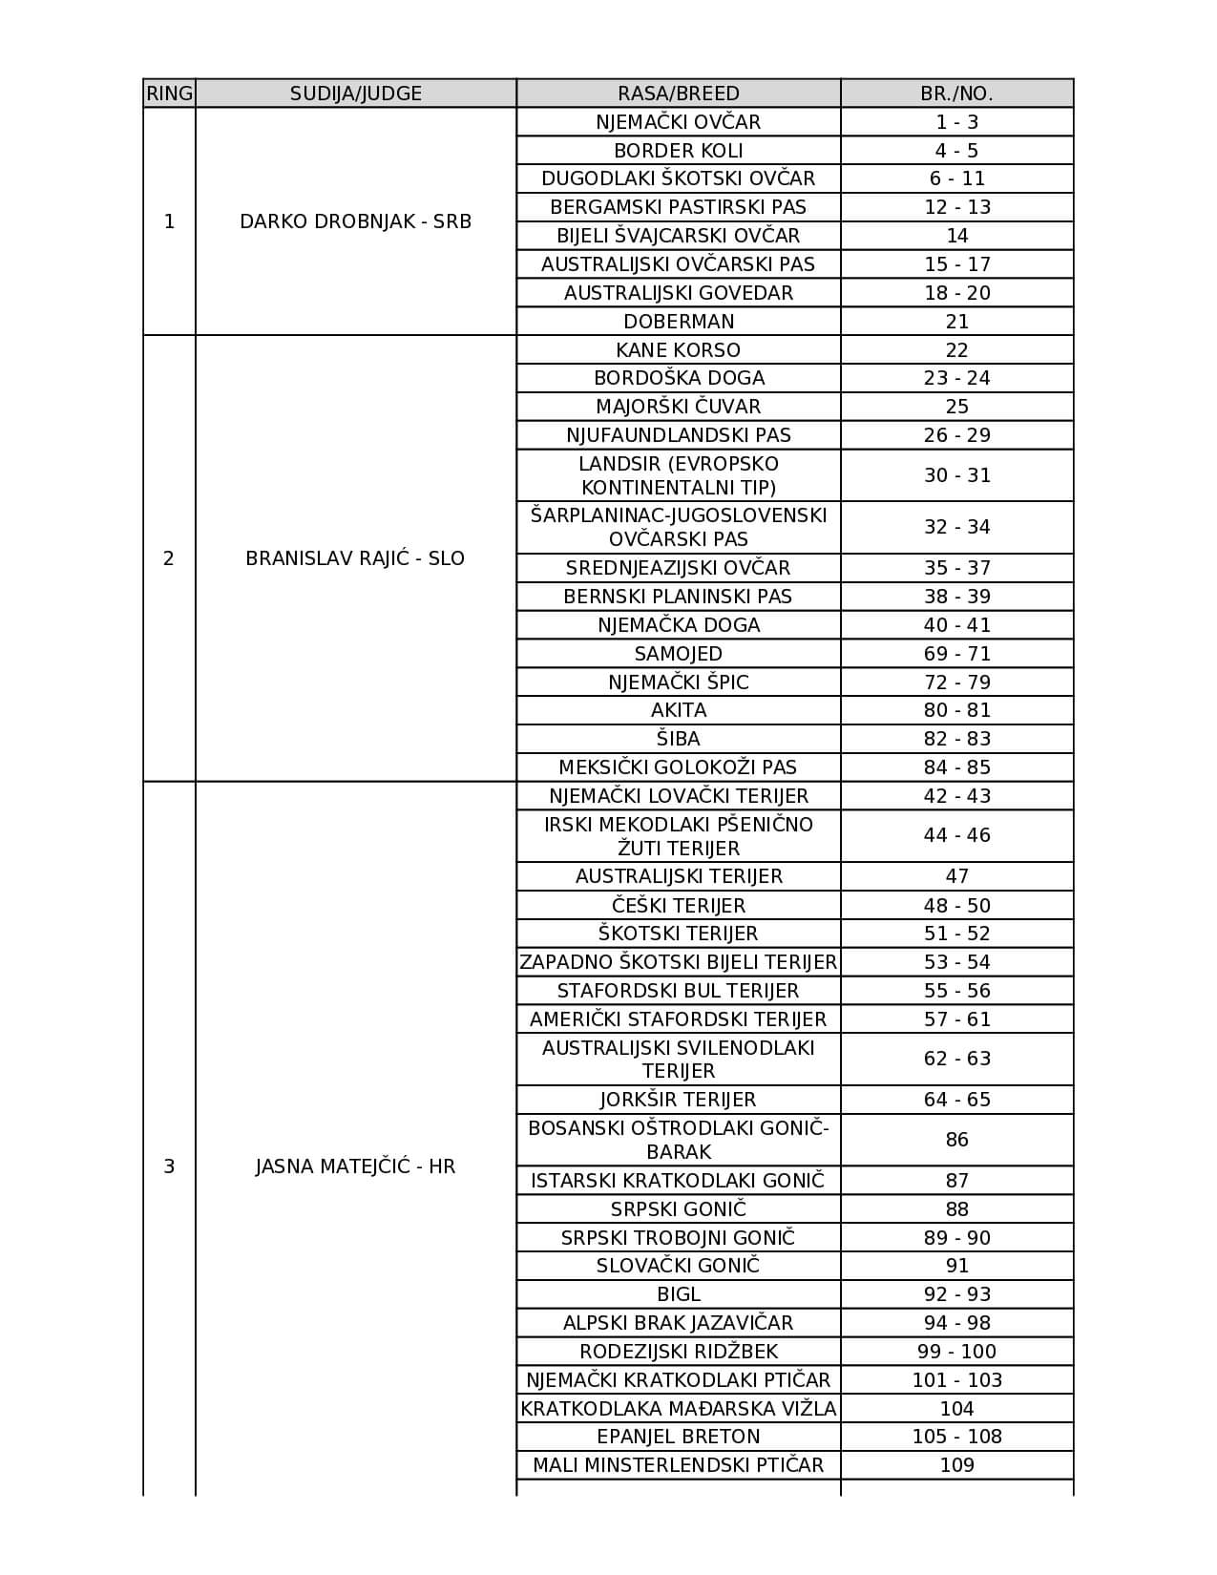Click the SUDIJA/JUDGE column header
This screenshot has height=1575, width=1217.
[x=355, y=94]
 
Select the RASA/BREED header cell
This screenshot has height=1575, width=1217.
[x=678, y=94]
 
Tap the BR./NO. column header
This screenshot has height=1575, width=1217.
[x=956, y=94]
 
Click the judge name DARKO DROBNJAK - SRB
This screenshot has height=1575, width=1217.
[x=355, y=221]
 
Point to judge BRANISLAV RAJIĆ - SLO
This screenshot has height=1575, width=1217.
[x=355, y=558]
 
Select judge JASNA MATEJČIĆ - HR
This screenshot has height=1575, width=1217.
[x=355, y=1166]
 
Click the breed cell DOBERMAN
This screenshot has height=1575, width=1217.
[x=678, y=322]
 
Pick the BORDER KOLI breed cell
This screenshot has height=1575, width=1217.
[x=678, y=151]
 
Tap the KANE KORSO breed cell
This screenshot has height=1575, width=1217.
[x=678, y=350]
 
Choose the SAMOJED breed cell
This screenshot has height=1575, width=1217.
[x=678, y=654]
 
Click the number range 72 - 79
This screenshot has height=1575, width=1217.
[x=956, y=682]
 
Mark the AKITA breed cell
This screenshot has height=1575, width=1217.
[x=678, y=710]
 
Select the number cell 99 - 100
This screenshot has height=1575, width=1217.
[x=956, y=1352]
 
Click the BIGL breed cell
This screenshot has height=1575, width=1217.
[x=678, y=1294]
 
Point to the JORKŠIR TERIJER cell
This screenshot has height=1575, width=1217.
[x=678, y=1100]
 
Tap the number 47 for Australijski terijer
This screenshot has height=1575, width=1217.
[x=956, y=876]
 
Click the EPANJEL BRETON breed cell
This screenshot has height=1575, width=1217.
[x=678, y=1437]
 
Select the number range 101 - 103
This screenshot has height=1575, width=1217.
[x=956, y=1380]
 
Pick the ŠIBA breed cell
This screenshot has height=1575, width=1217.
[x=678, y=739]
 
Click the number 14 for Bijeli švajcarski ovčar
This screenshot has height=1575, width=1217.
[x=956, y=236]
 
